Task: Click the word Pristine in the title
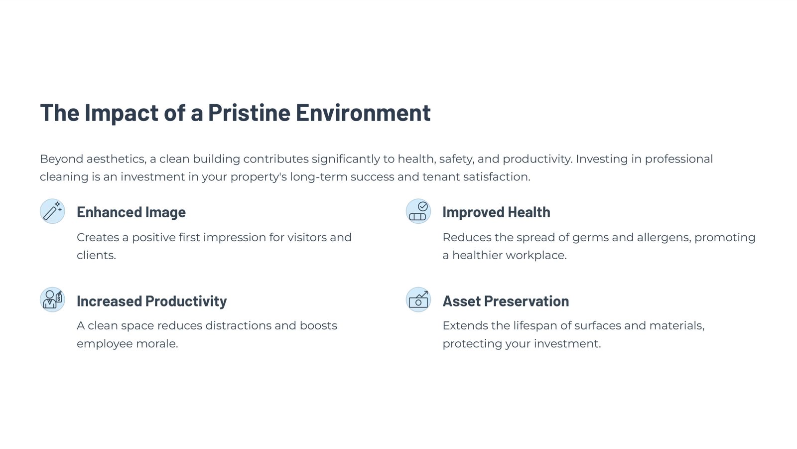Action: click(249, 113)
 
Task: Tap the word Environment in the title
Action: click(363, 113)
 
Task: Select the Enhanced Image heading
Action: click(132, 212)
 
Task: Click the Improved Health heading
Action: click(496, 212)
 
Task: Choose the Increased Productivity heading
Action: click(151, 301)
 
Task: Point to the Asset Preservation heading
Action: click(506, 301)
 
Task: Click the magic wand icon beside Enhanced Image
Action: click(52, 211)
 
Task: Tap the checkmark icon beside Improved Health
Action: click(418, 211)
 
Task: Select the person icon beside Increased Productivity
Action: click(52, 299)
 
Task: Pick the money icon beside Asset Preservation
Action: click(418, 299)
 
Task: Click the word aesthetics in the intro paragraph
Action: click(117, 159)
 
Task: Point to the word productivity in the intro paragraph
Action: click(537, 159)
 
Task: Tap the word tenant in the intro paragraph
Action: click(441, 177)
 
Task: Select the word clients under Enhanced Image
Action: click(97, 255)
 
